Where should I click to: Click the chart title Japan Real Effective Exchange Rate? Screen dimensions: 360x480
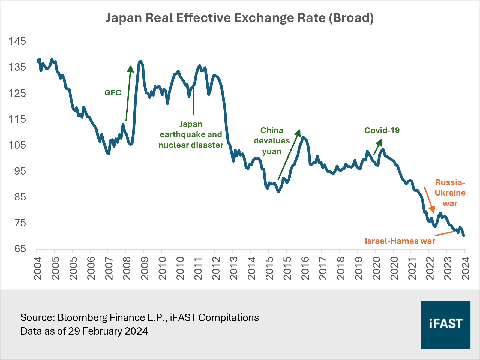pyautogui.click(x=240, y=18)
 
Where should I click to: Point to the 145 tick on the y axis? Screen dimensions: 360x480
pyautogui.click(x=17, y=41)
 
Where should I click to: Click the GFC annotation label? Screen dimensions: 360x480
pyautogui.click(x=113, y=93)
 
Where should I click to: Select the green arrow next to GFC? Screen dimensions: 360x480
pyautogui.click(x=128, y=93)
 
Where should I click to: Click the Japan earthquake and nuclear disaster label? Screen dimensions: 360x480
pyautogui.click(x=191, y=134)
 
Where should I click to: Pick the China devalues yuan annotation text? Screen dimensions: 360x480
pyautogui.click(x=272, y=141)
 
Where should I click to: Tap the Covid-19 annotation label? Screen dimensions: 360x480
pyautogui.click(x=382, y=130)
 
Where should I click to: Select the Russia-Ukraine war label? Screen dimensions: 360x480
pyautogui.click(x=450, y=193)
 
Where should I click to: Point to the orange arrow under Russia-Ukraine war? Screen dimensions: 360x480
pyautogui.click(x=429, y=200)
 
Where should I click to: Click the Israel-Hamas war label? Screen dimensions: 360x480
pyautogui.click(x=400, y=241)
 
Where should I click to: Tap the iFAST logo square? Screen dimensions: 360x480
pyautogui.click(x=446, y=325)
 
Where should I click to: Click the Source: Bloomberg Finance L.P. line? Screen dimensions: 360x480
pyautogui.click(x=140, y=317)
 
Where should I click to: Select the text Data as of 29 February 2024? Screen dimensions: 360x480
pyautogui.click(x=84, y=331)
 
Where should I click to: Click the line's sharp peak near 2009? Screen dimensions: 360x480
pyautogui.click(x=140, y=61)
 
